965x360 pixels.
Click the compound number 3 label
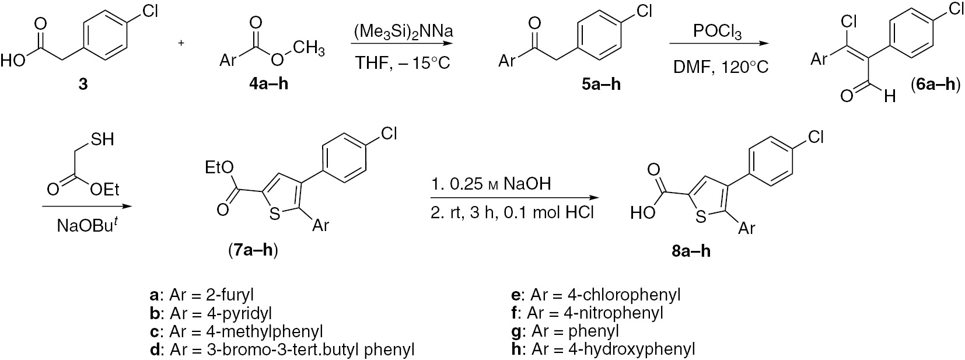83,85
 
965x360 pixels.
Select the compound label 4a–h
269,85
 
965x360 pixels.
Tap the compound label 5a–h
602,85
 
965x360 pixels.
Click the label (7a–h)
253,250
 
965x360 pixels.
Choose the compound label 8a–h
691,251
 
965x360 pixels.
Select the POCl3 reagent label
717,32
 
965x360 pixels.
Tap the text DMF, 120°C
721,67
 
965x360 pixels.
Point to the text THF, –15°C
403,63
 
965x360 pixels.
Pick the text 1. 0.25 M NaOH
491,184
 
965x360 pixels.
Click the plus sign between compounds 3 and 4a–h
182,43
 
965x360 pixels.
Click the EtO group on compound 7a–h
219,167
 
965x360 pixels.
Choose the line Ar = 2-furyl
202,295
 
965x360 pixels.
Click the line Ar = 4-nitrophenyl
588,313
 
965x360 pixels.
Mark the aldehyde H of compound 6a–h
890,96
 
